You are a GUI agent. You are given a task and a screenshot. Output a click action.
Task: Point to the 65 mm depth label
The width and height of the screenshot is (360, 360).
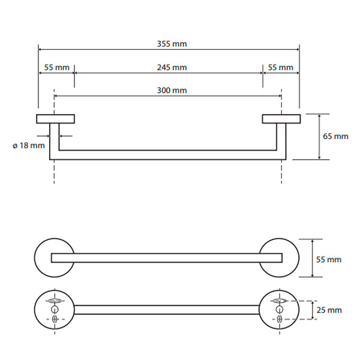[x=335, y=136]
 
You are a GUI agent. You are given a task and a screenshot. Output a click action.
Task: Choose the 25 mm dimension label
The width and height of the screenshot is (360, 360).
[x=329, y=310]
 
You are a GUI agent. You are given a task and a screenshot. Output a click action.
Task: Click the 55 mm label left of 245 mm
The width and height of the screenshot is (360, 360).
[x=57, y=67]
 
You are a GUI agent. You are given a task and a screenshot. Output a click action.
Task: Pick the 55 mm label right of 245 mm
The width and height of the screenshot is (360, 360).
[x=280, y=67]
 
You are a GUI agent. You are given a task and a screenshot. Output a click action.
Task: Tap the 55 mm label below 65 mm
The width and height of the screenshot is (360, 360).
[x=329, y=259]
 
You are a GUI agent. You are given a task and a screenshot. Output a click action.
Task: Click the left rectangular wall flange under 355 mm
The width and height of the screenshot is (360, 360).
[x=55, y=119]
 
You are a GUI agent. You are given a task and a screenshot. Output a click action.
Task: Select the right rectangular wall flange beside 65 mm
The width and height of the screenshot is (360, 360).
[x=280, y=119]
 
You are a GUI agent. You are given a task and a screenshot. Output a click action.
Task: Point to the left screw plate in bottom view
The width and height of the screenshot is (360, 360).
[x=55, y=309]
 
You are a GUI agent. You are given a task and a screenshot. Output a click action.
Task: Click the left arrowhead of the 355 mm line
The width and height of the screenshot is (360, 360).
[x=41, y=50]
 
